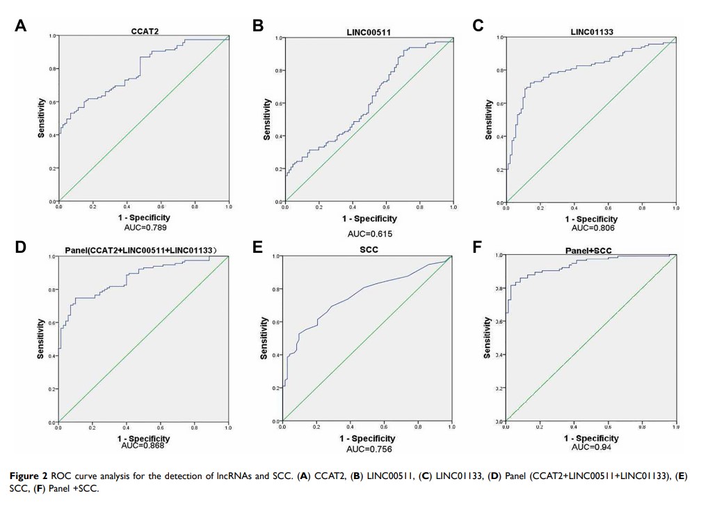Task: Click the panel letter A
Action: [21, 26]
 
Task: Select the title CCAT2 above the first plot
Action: [143, 31]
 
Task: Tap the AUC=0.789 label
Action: [143, 227]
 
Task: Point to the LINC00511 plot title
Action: [368, 32]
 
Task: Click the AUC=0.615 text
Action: [370, 234]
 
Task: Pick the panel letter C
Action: [478, 26]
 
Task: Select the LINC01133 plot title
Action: [591, 31]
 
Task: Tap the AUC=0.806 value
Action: [591, 228]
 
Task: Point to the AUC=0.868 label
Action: [143, 446]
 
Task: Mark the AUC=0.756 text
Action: [369, 449]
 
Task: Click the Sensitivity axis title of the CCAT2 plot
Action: [42, 118]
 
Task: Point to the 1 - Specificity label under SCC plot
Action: [367, 439]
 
